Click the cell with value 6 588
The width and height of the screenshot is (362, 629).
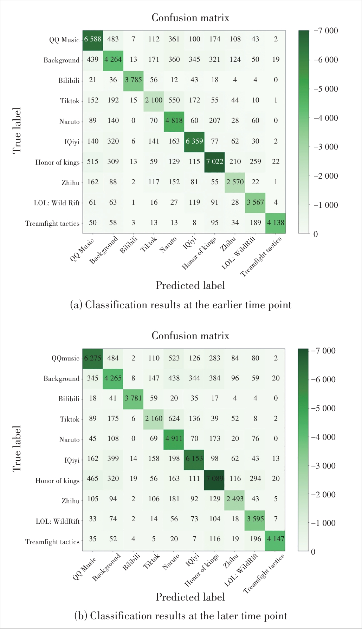tap(93, 39)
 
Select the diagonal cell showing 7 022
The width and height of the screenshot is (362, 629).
tap(214, 162)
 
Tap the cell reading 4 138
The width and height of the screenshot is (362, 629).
tap(276, 223)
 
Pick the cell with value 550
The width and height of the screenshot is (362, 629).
tap(174, 100)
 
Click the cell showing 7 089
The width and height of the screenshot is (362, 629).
tap(214, 479)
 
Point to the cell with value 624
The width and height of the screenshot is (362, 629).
tap(174, 419)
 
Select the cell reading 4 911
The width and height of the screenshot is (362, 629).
tap(174, 439)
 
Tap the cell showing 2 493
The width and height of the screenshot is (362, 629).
tap(235, 499)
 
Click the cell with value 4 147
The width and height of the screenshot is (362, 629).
tap(276, 539)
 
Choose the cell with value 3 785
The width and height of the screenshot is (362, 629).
tap(134, 80)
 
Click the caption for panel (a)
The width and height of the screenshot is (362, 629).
tap(181, 305)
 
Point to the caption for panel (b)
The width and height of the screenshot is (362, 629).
tap(181, 616)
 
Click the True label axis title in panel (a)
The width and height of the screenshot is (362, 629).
tap(17, 131)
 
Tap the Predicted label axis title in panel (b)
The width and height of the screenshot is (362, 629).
tap(190, 597)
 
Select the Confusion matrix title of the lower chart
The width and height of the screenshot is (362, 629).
tap(190, 336)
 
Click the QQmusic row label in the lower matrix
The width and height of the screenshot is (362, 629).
tap(65, 358)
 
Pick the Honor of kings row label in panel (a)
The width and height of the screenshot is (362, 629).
tap(58, 162)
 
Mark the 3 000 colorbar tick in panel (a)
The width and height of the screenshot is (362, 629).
tap(326, 147)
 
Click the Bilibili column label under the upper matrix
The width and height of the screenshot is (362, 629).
tap(129, 245)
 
